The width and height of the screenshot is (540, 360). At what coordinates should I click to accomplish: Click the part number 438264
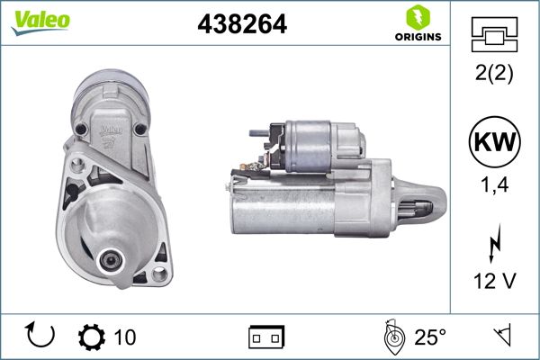(x=240, y=24)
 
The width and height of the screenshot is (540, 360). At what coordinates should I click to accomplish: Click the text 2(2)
(x=494, y=75)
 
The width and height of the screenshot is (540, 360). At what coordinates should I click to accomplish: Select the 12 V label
(x=494, y=282)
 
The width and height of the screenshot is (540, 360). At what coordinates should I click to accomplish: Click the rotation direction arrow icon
(x=41, y=336)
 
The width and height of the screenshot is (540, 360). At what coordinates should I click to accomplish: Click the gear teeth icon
(x=92, y=337)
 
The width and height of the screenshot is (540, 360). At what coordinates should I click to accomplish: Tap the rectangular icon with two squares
(x=266, y=337)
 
